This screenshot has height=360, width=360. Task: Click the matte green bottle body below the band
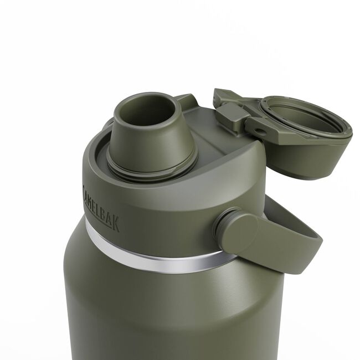click(166, 316)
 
